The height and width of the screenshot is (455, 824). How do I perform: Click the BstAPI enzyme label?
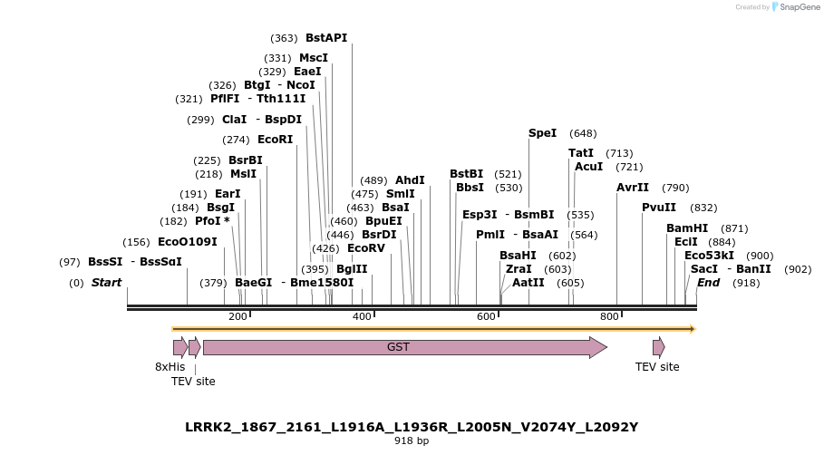tap(326, 38)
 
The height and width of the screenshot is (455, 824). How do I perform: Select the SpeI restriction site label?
tap(542, 133)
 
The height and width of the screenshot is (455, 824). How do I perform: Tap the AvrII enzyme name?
tap(633, 188)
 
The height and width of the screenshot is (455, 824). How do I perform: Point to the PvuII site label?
tap(659, 208)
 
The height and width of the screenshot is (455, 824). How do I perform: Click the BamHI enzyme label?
tap(687, 228)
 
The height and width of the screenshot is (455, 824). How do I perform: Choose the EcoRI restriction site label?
tap(276, 140)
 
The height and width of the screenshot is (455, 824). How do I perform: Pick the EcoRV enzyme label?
tap(366, 248)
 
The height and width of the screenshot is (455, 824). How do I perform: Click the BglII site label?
tap(352, 269)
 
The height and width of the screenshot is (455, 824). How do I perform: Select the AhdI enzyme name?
tap(410, 180)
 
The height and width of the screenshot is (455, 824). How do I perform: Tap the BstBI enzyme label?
tap(467, 174)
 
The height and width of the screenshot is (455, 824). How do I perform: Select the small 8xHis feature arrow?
tap(179, 347)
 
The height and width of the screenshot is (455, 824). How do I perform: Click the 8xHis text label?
tap(170, 367)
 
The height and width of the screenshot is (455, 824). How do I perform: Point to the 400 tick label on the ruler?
tap(362, 316)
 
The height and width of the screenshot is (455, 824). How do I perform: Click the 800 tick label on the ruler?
tap(609, 316)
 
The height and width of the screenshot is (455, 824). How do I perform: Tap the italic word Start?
tap(106, 283)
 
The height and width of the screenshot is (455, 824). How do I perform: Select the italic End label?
tap(708, 283)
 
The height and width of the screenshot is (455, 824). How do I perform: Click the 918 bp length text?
tap(412, 441)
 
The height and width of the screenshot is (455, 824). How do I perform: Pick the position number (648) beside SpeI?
tap(583, 133)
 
